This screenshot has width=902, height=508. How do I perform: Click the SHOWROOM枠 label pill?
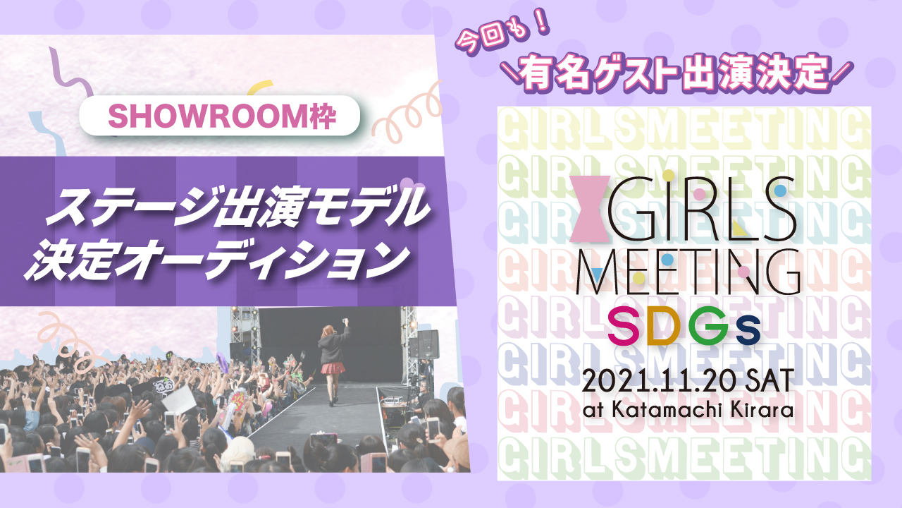coord(220,116)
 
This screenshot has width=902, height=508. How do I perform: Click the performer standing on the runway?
coord(333,360)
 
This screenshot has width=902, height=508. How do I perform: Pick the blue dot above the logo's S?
coord(780,190)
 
